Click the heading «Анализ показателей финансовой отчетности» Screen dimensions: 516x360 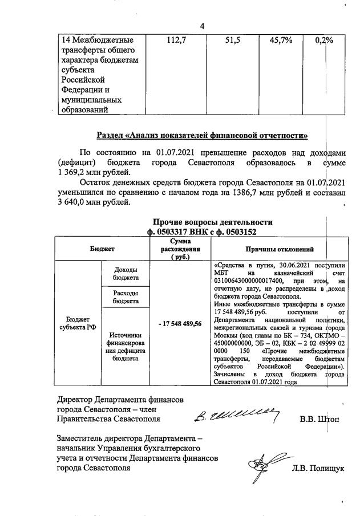click(202, 135)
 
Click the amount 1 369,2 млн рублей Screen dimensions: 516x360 click(94, 172)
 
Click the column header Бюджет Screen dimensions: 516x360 click(102, 249)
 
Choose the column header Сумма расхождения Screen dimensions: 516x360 click(180, 249)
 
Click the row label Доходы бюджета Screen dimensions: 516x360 click(125, 274)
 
